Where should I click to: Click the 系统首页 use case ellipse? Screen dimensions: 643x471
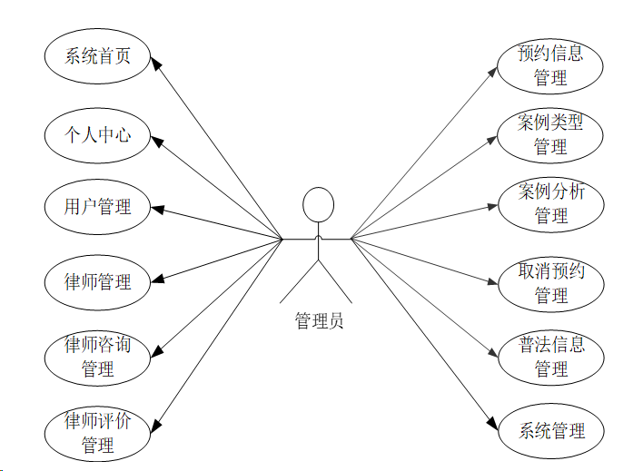[x=97, y=56]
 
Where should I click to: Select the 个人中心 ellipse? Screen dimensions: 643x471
[x=97, y=135]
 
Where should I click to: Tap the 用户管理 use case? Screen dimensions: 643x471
[x=97, y=207]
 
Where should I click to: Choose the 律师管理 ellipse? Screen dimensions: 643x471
[x=97, y=282]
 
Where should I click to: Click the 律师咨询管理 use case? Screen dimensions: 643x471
[x=97, y=357]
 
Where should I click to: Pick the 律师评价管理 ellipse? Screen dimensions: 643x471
[x=97, y=433]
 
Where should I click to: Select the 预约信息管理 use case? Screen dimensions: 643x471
[x=550, y=65]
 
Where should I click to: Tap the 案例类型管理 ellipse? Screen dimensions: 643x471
[x=550, y=134]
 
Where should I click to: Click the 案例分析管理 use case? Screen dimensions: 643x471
[x=550, y=203]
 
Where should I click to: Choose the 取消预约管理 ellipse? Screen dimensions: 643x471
[x=550, y=282]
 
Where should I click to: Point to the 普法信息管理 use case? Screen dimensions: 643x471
[x=550, y=357]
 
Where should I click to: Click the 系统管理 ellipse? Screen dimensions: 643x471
[x=550, y=430]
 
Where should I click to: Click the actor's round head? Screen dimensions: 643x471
[x=318, y=204]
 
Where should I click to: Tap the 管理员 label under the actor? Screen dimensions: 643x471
[x=319, y=320]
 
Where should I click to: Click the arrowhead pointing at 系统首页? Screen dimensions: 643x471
[x=155, y=64]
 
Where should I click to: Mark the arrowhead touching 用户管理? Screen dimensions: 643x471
[x=157, y=210]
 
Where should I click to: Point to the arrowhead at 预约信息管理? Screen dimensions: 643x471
[x=493, y=70]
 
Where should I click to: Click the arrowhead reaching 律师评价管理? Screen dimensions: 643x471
[x=155, y=424]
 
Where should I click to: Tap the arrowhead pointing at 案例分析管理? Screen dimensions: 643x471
[x=492, y=206]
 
